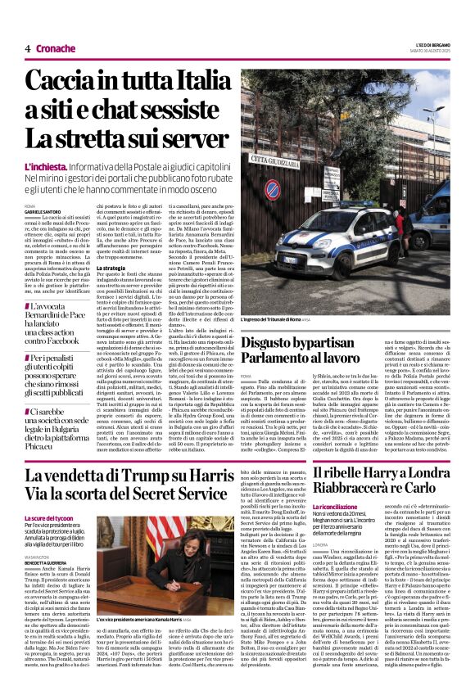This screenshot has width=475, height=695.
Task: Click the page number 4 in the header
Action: tap(27, 48)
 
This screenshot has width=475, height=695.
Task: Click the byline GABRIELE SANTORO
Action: tap(43, 212)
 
